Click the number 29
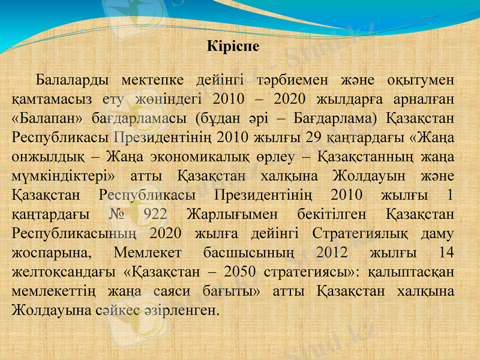(x=313, y=137)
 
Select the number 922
(x=156, y=214)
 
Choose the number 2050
(x=236, y=272)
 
